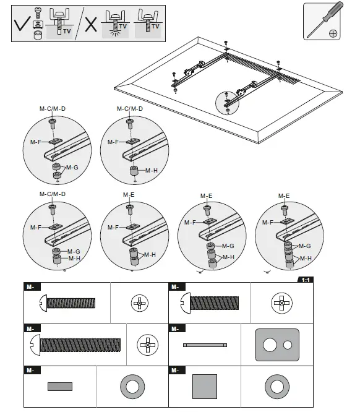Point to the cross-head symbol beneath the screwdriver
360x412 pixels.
coord(333,32)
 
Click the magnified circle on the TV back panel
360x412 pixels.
coord(228,101)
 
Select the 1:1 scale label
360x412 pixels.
coord(306,280)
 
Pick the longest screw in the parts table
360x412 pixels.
coord(74,343)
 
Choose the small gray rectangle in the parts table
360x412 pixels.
coord(60,387)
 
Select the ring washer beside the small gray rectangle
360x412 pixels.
coord(132,387)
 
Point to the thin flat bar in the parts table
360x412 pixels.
coord(205,345)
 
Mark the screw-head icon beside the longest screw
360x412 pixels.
coord(148,343)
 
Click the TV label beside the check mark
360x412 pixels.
coord(67,30)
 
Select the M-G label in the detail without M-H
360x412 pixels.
coord(72,168)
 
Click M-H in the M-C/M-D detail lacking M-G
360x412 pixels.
coord(151,170)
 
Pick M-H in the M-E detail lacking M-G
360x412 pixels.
coord(149,254)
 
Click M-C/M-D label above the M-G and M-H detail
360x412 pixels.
coord(53,194)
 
